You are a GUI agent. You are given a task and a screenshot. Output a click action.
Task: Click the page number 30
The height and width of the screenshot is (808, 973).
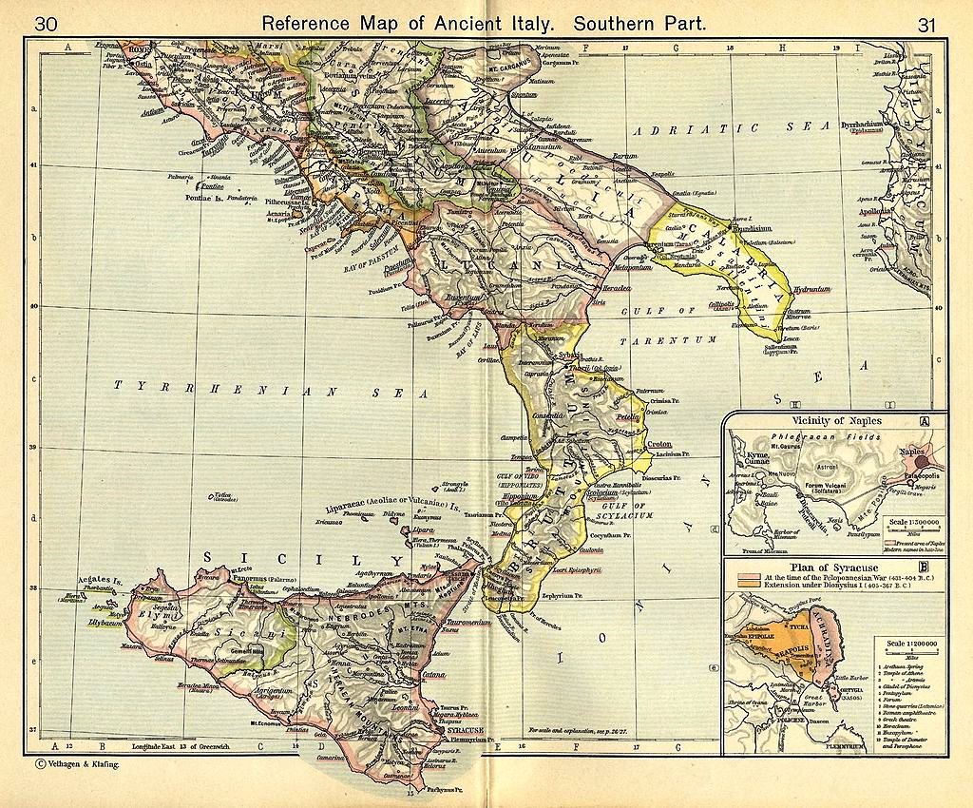[x=47, y=24]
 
